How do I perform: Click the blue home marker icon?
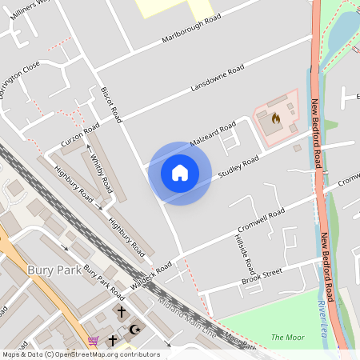[x=179, y=173]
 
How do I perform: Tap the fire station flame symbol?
[x=275, y=119]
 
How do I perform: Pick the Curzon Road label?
[x=80, y=135]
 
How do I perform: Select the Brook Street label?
[x=262, y=277]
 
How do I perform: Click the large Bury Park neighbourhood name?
[x=54, y=270]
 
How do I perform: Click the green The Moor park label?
[x=287, y=337]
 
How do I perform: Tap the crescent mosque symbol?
[x=134, y=329]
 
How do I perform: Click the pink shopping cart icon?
[x=94, y=341]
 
